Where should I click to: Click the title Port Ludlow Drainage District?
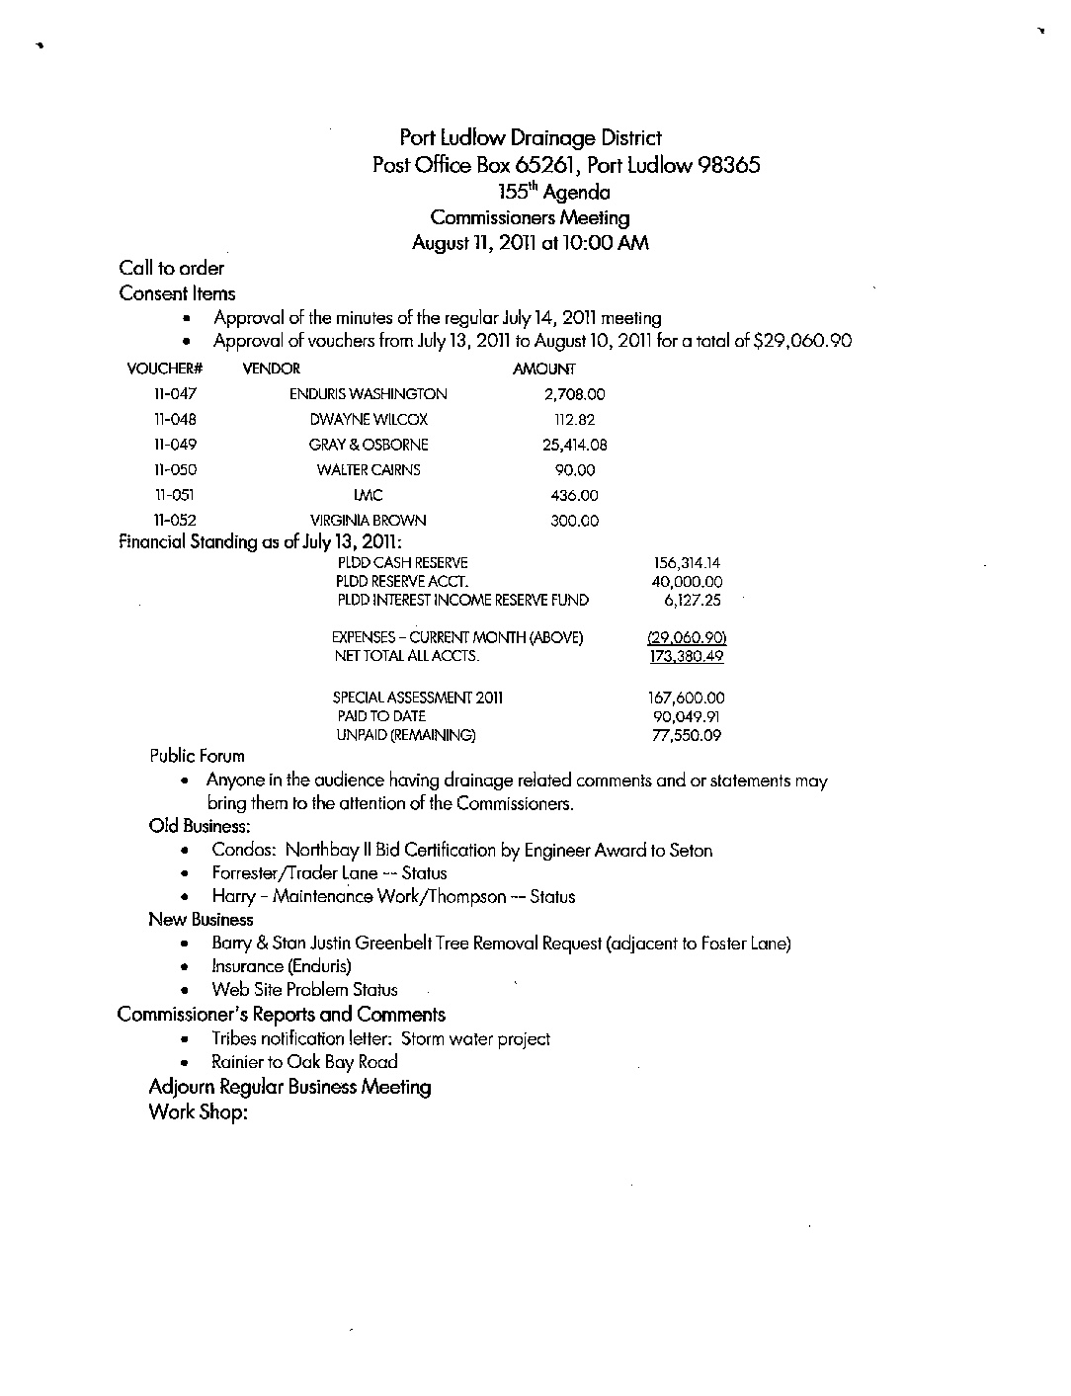pos(531,138)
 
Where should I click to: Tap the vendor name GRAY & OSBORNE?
pos(369,445)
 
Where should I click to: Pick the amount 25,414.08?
pos(575,445)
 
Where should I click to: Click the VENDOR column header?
pos(271,369)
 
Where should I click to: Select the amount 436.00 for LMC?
pos(575,495)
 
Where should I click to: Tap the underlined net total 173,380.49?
pos(687,656)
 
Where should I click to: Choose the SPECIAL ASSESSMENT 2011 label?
pos(418,698)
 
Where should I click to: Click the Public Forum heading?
pos(197,757)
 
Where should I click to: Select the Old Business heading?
pos(199,825)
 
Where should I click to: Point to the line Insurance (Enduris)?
pos(282,966)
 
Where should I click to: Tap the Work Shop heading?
pos(197,1112)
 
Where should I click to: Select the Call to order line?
pos(171,268)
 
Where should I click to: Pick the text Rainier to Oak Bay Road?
pos(304,1063)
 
